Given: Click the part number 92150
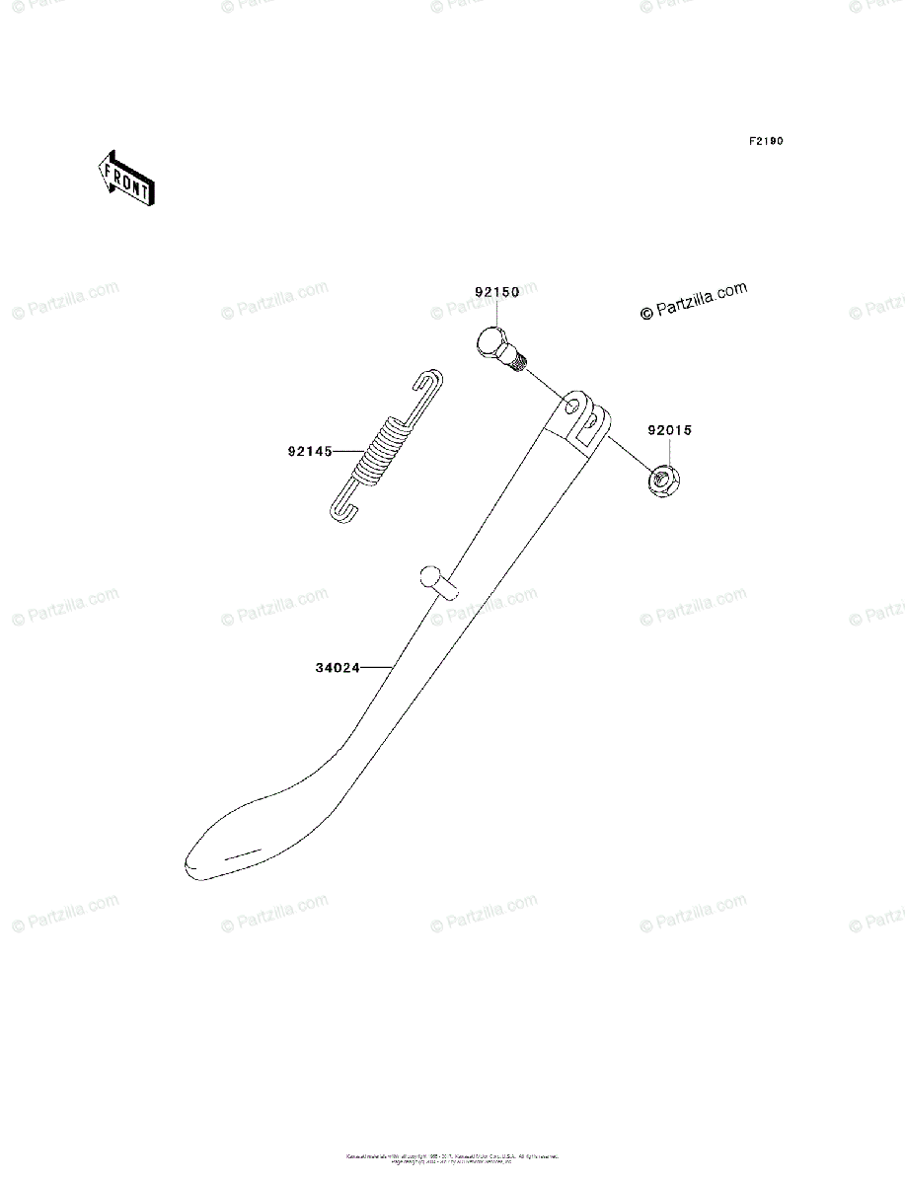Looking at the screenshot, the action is pyautogui.click(x=495, y=293).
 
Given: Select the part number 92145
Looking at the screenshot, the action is pyautogui.click(x=308, y=452).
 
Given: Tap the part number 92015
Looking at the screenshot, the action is pyautogui.click(x=670, y=430).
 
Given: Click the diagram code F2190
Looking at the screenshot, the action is pyautogui.click(x=765, y=141).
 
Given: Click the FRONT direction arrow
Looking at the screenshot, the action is pyautogui.click(x=123, y=178).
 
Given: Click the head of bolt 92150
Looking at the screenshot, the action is pyautogui.click(x=490, y=345).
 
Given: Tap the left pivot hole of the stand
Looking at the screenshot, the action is pyautogui.click(x=571, y=406).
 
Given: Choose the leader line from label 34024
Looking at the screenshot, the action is pyautogui.click(x=376, y=668).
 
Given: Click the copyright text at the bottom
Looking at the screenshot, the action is pyautogui.click(x=452, y=1157).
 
